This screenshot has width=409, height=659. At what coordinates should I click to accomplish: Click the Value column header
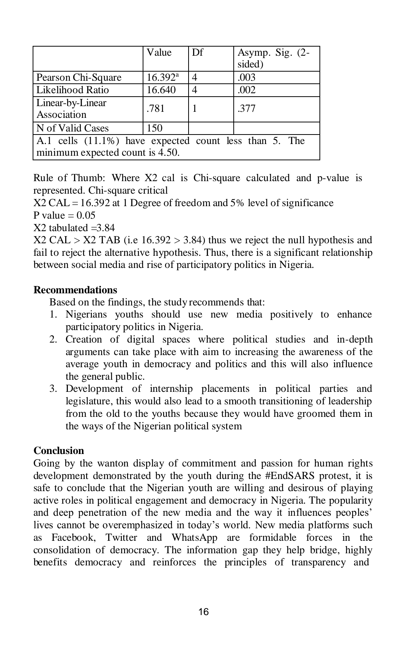159,53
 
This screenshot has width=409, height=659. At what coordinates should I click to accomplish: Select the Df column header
197,53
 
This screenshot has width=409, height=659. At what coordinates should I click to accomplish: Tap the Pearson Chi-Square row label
79,78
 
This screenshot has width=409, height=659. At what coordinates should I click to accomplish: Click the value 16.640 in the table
161,90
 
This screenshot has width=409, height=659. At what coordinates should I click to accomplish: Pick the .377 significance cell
247,109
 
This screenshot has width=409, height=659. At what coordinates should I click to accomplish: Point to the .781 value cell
156,109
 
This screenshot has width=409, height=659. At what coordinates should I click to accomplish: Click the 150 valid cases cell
154,128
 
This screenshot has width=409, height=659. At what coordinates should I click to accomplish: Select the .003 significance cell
247,78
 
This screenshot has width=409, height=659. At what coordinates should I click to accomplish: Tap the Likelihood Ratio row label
72,90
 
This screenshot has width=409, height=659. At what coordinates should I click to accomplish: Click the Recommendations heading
76,290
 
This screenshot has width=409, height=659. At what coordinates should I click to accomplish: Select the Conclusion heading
59,451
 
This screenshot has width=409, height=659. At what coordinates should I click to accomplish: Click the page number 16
203,612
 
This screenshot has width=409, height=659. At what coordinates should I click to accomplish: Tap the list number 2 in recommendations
53,340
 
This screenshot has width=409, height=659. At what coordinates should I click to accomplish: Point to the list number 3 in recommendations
53,389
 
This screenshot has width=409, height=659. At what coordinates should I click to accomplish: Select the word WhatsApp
194,538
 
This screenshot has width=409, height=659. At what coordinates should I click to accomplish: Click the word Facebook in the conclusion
73,538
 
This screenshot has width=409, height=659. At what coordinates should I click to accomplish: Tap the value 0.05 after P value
86,216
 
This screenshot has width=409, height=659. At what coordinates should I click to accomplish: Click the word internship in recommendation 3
171,389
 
